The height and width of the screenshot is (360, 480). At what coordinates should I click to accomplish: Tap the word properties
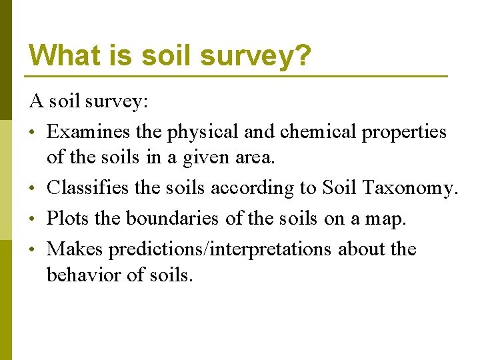(x=404, y=133)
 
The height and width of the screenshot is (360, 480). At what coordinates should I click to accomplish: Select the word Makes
(x=75, y=249)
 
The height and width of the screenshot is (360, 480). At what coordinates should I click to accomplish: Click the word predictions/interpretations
(x=220, y=249)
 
